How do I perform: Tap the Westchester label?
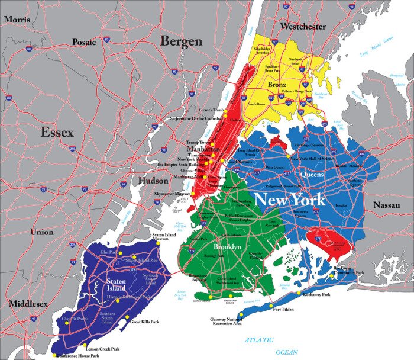[303, 27]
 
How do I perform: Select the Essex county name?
[57, 132]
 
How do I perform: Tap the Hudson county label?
[153, 181]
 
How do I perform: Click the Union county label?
[41, 232]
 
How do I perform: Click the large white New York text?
[290, 200]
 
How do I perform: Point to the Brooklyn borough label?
[227, 246]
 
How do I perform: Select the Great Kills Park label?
[145, 322]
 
